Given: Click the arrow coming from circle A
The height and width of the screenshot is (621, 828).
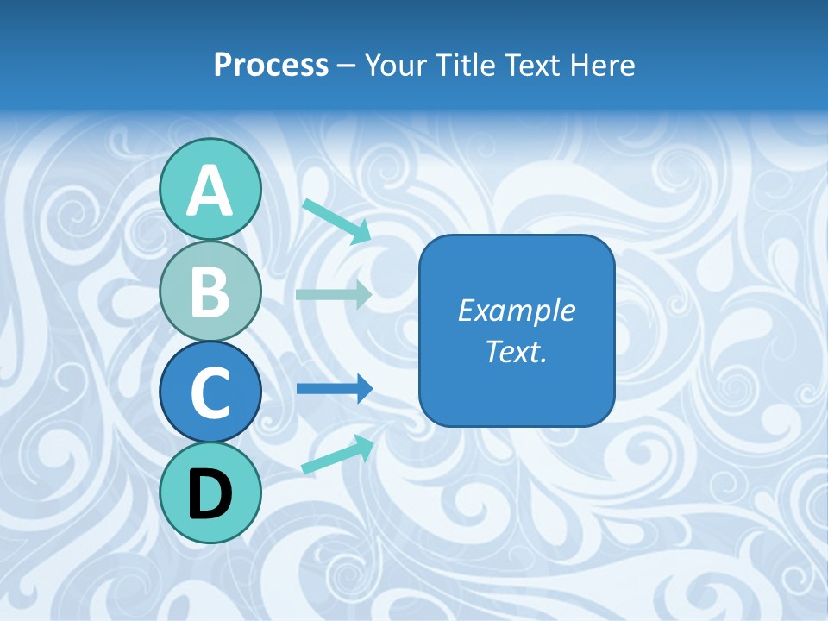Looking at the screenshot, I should coord(336,220).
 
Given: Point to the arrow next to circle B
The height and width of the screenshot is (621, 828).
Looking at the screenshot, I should coord(334,294).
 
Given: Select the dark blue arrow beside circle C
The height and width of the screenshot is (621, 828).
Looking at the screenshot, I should coord(335,389).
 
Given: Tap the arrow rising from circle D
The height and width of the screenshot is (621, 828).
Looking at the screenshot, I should coord(337,455).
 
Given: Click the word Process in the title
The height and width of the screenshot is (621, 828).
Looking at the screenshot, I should coord(271,65).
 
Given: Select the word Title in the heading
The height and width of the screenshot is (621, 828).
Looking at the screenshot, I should coord(465,65).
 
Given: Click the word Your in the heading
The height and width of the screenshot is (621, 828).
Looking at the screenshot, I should coord(397,65).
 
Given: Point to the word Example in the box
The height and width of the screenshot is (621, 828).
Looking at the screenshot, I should coord(516,310).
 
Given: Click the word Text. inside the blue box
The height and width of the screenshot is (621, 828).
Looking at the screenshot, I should coord(516,352).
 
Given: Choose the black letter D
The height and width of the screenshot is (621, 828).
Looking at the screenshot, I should coord(210,494).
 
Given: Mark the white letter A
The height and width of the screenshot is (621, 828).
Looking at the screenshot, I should coord(210,191).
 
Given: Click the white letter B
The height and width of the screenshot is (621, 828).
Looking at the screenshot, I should coord(210,292).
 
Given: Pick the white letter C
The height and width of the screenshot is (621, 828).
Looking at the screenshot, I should coord(210,392).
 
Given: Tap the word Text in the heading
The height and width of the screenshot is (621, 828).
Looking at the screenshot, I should coord(532,65).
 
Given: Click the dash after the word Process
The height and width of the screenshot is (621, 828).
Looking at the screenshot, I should coord(347,66).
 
